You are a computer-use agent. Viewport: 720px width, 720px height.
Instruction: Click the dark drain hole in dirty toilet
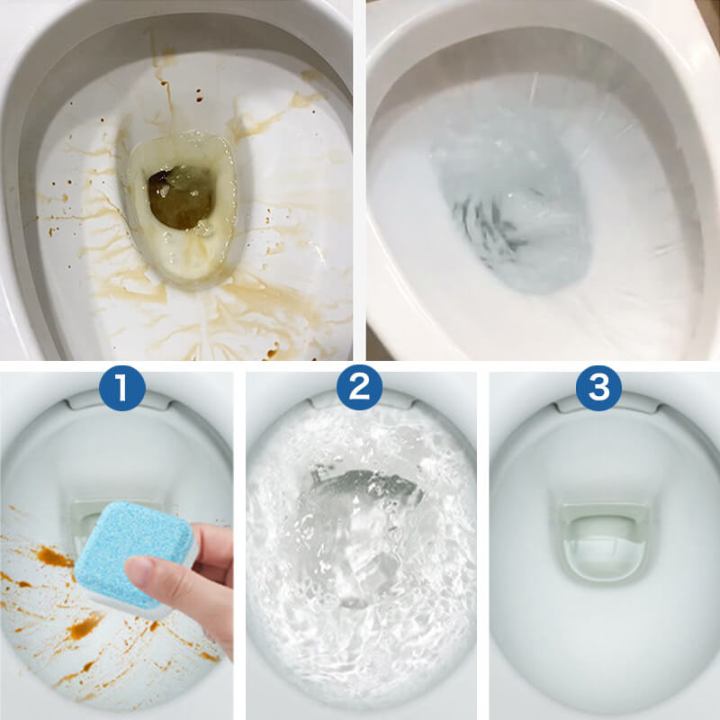[x=180, y=193]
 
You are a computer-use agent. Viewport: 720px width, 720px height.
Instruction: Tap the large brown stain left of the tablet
[x=54, y=558]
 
